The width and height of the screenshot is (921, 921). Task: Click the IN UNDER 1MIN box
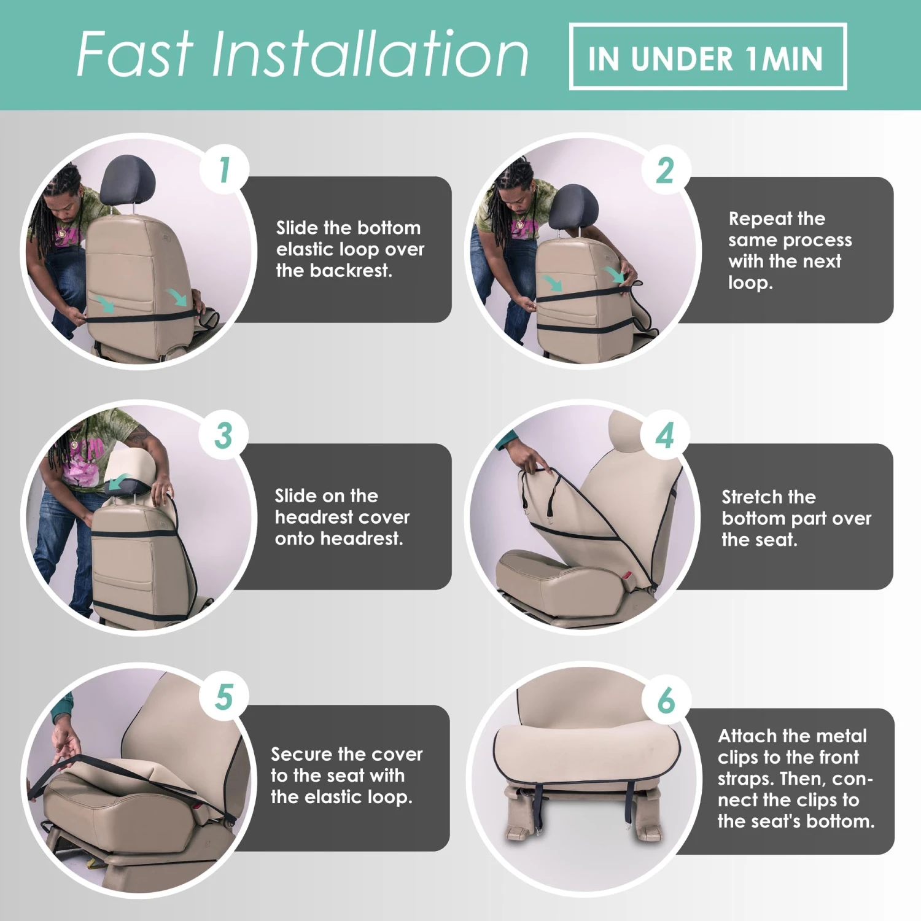(x=707, y=57)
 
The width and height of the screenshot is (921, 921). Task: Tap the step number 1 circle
(x=225, y=169)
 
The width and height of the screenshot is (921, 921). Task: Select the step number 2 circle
(x=666, y=170)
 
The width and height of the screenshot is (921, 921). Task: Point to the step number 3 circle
(x=224, y=435)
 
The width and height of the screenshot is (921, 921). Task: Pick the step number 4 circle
(x=666, y=435)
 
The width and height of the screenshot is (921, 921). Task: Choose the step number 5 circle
(x=224, y=698)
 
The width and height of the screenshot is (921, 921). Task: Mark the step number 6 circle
(x=666, y=700)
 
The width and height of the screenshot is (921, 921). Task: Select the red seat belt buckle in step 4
(x=627, y=576)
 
